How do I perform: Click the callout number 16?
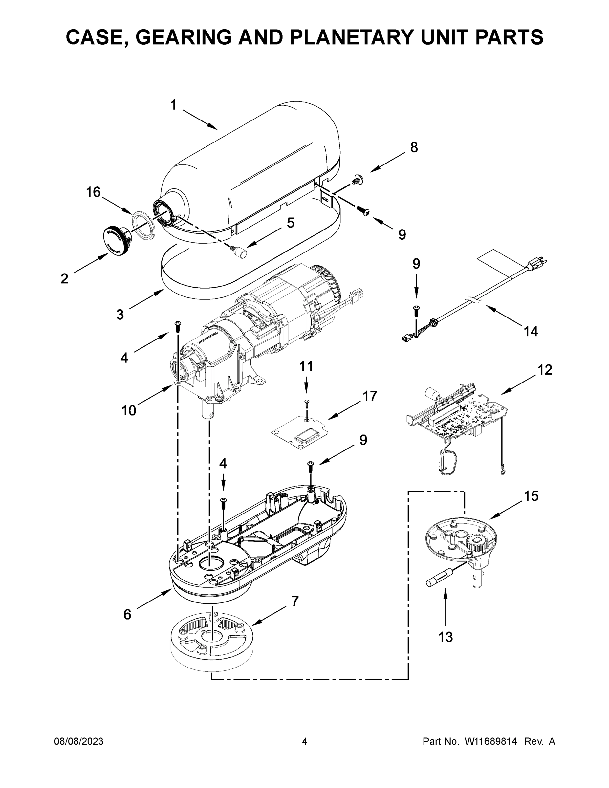coord(93,192)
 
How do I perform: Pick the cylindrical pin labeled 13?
coord(439,580)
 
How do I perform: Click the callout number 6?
coord(127,614)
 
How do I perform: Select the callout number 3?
coord(120,315)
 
